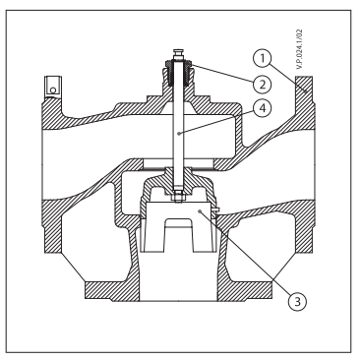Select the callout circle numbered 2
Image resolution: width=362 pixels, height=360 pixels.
(263, 84)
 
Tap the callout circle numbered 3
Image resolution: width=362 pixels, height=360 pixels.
(297, 301)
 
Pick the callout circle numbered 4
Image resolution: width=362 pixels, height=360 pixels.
(263, 108)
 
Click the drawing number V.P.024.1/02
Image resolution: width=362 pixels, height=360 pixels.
(299, 49)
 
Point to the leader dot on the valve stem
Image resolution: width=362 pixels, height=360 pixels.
(178, 134)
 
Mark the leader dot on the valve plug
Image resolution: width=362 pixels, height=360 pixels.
(200, 211)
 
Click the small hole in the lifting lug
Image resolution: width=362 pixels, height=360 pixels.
(53, 90)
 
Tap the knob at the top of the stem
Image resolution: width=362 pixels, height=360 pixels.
(178, 54)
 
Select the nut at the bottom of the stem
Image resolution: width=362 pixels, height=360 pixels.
(178, 196)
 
